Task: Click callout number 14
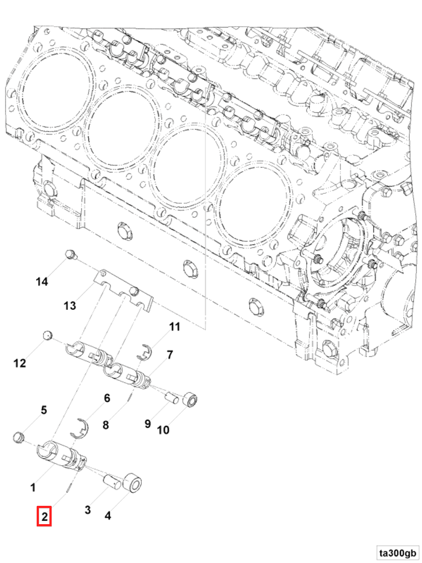pos(42,282)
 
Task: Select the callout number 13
pos(69,306)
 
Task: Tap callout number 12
pos(20,364)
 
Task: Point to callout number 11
pos(175,327)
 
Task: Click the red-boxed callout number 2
pos(44,517)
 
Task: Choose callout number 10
pos(163,429)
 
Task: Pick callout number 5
pos(43,410)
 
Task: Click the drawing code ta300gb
pos(398,552)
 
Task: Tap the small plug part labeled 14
pos(70,255)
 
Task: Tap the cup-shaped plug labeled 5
pos(18,437)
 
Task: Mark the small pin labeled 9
pos(172,397)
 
